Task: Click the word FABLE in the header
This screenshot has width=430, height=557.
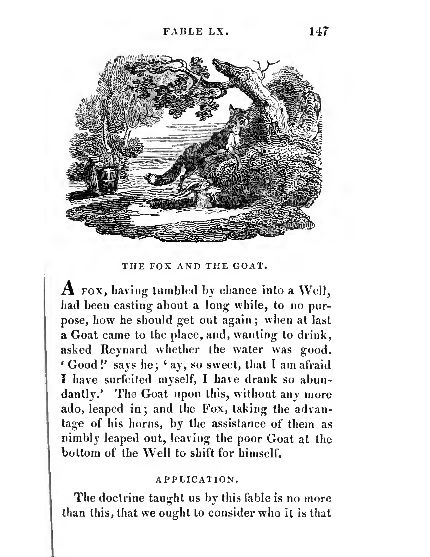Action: pyautogui.click(x=183, y=32)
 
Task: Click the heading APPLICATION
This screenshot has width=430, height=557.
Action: pyautogui.click(x=197, y=480)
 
